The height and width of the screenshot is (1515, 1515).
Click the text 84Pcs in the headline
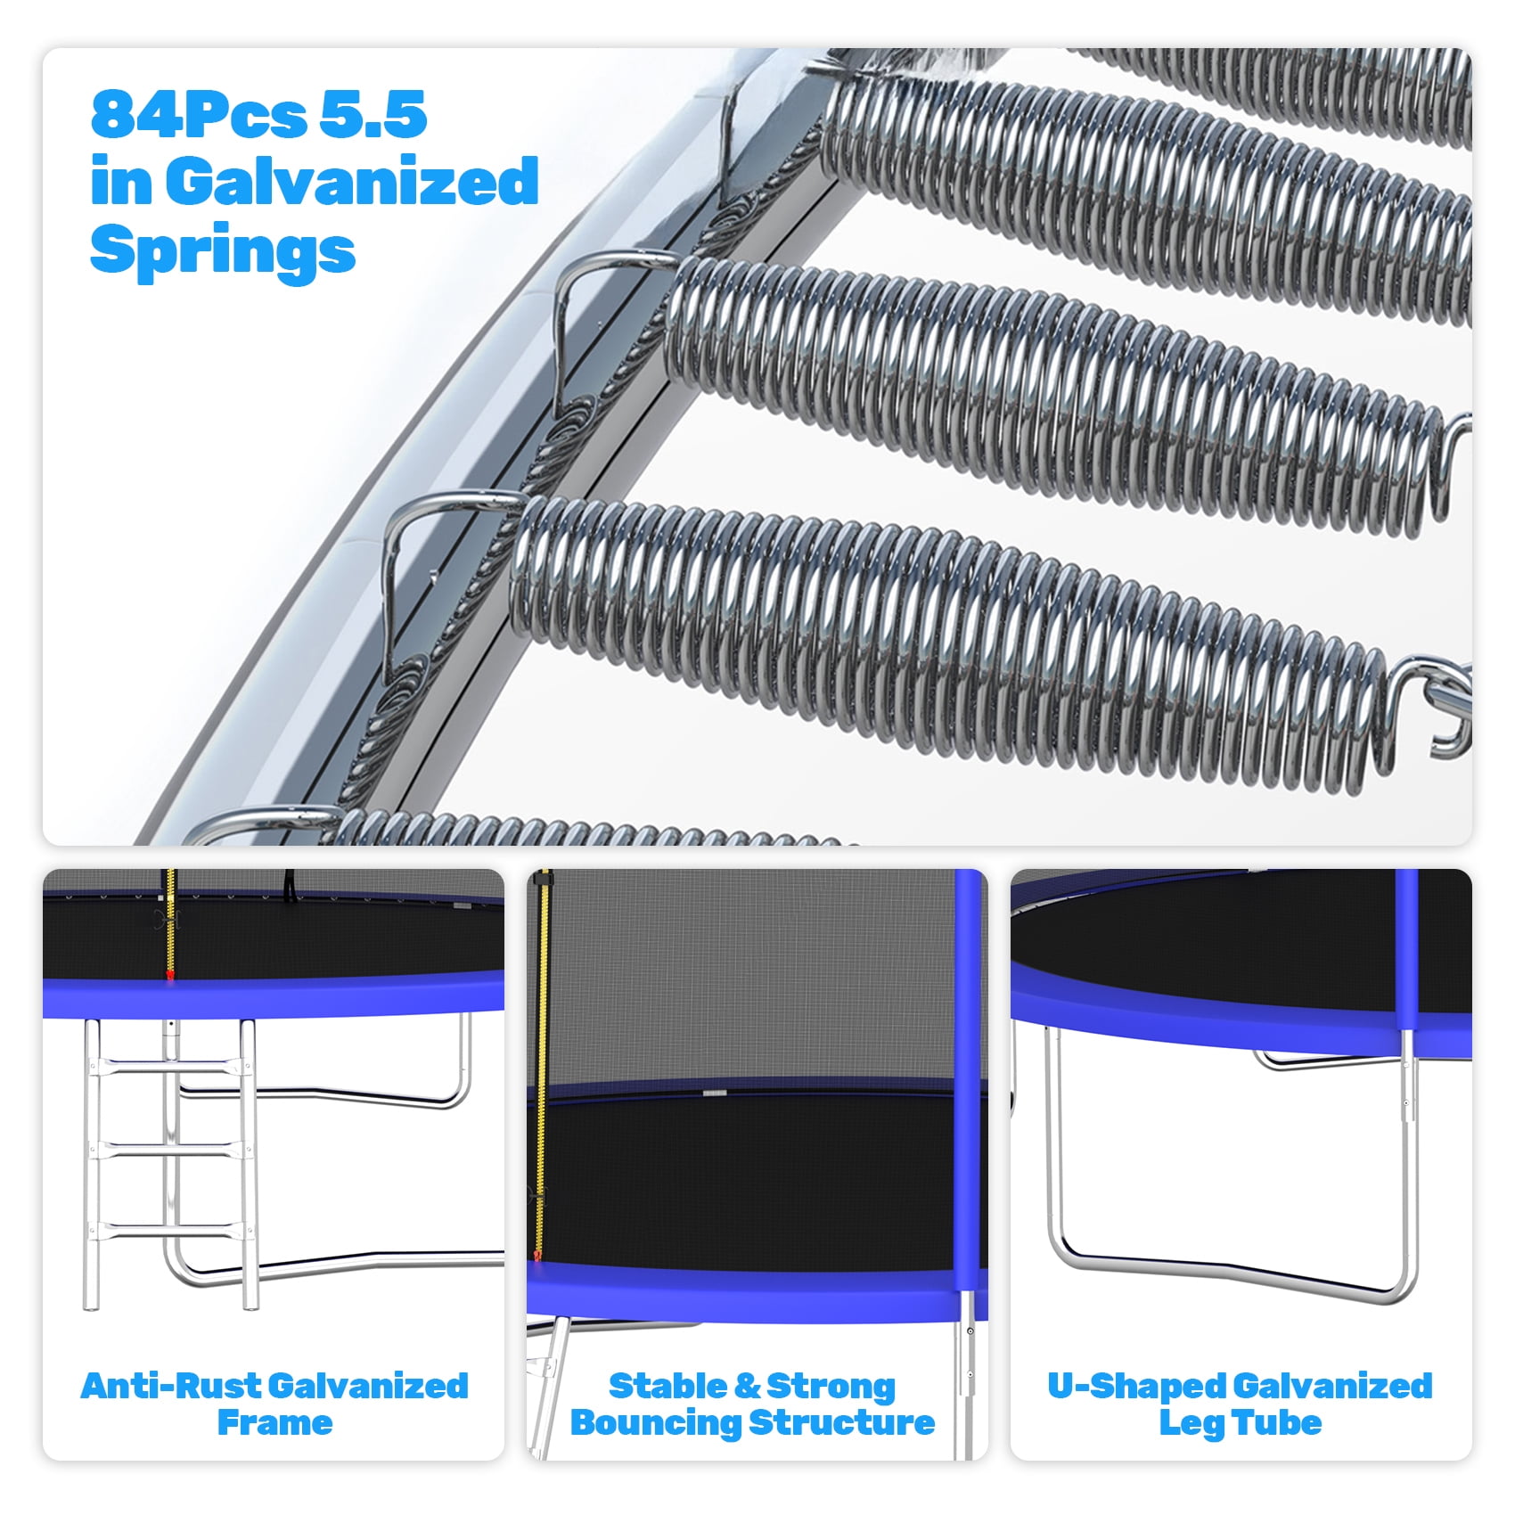(x=199, y=115)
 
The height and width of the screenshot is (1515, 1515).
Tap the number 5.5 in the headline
(x=373, y=115)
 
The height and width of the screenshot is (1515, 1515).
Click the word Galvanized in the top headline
(x=352, y=181)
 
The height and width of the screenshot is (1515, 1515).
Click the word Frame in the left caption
(x=274, y=1423)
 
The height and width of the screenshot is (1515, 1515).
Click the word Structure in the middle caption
(x=841, y=1423)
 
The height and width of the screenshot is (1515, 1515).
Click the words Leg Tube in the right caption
(x=1240, y=1423)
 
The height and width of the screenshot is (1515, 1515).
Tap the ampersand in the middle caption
(x=747, y=1387)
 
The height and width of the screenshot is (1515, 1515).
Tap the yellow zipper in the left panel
(x=170, y=925)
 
